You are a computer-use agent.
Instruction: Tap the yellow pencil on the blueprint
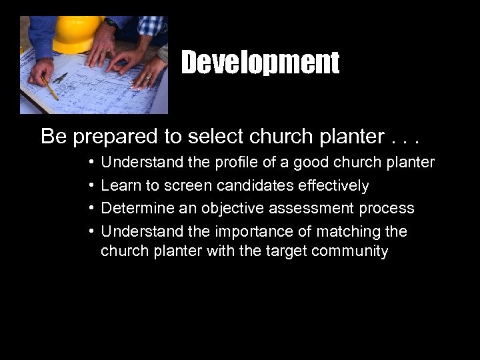(x=49, y=87)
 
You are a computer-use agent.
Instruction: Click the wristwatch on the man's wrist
(x=110, y=23)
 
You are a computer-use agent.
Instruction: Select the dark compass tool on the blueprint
(x=60, y=78)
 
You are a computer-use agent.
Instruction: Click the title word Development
(x=260, y=63)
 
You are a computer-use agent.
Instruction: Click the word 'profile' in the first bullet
(x=236, y=162)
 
